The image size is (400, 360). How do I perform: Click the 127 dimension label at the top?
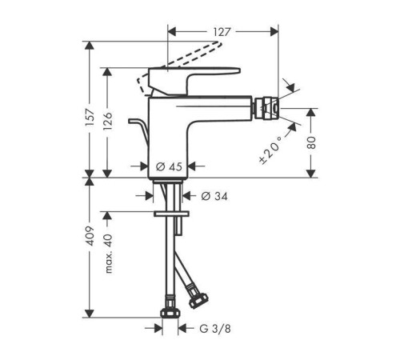pos(222,32)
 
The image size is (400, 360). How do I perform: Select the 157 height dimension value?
pos(90,118)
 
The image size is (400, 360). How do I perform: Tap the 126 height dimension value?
pos(108,122)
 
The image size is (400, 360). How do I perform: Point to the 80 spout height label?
pos(311,142)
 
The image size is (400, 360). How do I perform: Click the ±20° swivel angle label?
pos(270,150)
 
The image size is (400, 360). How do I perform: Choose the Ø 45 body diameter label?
pos(169,167)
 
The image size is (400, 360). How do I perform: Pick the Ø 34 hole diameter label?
pos(214,197)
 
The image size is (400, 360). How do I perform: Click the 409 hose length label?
pos(90,236)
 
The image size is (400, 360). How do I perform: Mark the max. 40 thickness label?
pos(109,254)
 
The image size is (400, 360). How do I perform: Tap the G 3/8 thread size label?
pos(215,329)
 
